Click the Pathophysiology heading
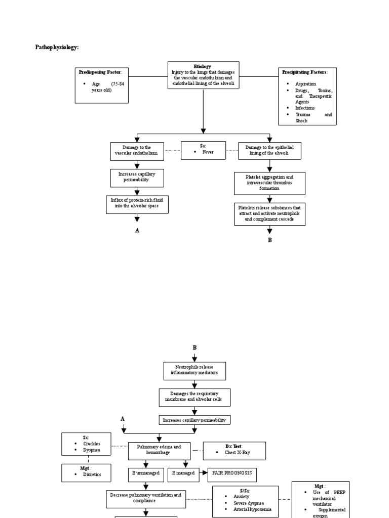(57, 47)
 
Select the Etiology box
(203, 75)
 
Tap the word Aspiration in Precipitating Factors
(305, 83)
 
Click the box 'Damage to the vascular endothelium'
(137, 151)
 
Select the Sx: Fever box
(203, 150)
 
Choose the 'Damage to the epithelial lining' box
(269, 150)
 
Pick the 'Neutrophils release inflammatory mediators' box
(194, 371)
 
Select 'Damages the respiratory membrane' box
(194, 397)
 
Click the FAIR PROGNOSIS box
(232, 474)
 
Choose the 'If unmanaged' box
(146, 474)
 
